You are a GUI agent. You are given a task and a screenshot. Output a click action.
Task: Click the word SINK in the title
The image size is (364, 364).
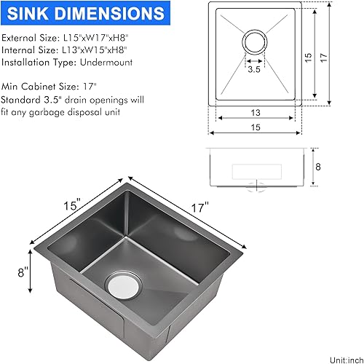[33, 14]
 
